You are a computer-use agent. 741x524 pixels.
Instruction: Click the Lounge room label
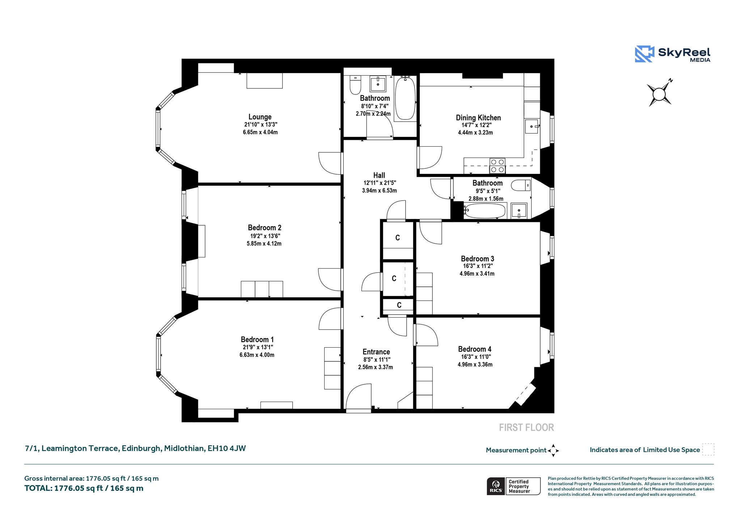260,117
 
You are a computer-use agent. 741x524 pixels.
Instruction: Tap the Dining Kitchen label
478,118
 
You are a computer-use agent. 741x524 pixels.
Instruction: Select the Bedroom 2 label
264,228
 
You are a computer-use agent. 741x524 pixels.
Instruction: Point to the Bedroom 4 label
475,349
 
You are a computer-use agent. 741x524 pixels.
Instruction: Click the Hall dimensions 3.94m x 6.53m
379,190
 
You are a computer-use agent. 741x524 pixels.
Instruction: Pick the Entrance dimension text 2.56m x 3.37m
376,367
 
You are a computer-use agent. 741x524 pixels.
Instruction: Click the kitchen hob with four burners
497,166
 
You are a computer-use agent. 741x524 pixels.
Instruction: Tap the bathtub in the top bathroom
405,98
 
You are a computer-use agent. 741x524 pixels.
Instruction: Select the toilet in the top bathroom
355,85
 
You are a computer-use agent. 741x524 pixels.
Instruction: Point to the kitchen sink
532,126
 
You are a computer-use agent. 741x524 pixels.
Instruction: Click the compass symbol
660,94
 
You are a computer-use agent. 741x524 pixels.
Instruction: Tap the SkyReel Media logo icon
644,54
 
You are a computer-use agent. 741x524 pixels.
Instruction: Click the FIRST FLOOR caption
526,428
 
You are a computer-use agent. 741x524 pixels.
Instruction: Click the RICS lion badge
496,486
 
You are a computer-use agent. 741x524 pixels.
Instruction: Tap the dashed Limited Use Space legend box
708,449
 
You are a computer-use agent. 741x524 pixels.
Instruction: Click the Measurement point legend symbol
553,450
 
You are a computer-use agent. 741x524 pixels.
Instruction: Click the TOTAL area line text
84,488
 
